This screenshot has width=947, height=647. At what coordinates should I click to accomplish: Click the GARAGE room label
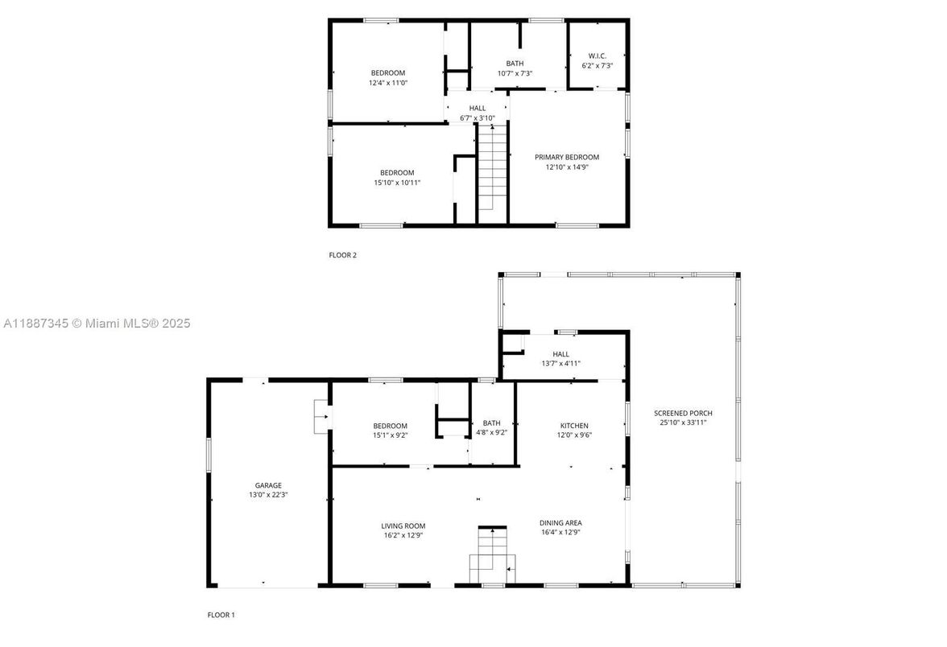268,485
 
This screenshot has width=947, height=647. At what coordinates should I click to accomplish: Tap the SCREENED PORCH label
683,413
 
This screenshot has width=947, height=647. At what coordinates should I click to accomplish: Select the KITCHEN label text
574,426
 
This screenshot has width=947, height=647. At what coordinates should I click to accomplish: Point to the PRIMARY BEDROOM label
567,157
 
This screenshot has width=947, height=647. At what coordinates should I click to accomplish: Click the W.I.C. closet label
597,56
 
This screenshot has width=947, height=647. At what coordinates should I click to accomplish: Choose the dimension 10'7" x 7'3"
515,73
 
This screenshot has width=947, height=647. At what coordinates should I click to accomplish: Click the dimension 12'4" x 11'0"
387,82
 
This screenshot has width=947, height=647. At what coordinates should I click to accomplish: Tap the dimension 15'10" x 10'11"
397,183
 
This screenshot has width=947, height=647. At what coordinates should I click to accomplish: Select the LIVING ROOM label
403,525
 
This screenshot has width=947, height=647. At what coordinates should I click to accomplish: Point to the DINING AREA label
560,522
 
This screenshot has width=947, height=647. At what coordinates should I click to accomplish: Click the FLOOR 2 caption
342,255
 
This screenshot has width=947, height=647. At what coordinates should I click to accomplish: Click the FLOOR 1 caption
221,615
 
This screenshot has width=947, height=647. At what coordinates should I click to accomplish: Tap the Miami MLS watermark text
97,323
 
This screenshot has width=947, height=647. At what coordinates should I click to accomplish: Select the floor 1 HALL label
560,354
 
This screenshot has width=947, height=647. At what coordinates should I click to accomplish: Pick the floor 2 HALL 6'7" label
478,108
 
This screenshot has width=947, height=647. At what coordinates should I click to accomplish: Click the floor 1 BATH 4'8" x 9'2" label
491,423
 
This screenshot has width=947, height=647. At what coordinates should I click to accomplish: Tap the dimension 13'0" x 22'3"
268,495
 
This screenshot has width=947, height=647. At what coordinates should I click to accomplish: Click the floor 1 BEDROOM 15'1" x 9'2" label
390,426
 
